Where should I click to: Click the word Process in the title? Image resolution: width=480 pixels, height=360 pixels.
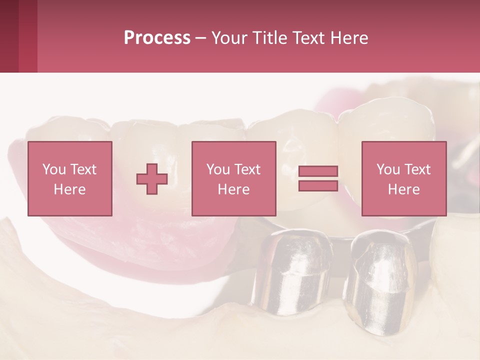pyautogui.click(x=157, y=38)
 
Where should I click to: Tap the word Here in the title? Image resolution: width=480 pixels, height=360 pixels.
pyautogui.click(x=348, y=38)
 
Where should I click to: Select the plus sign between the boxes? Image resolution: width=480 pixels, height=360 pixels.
pyautogui.click(x=152, y=179)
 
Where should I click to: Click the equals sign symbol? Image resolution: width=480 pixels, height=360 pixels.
pyautogui.click(x=318, y=178)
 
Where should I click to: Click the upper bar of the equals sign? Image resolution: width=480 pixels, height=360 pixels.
pyautogui.click(x=318, y=171)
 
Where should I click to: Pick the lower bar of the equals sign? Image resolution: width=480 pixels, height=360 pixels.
pyautogui.click(x=318, y=185)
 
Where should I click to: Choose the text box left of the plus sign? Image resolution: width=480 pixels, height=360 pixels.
pyautogui.click(x=69, y=178)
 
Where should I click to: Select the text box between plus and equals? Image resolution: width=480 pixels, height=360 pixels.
pyautogui.click(x=233, y=178)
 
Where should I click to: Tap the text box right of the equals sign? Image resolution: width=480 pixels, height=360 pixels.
pyautogui.click(x=403, y=178)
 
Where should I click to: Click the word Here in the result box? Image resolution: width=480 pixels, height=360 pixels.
pyautogui.click(x=403, y=189)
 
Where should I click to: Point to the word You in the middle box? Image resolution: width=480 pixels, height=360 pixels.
pyautogui.click(x=217, y=169)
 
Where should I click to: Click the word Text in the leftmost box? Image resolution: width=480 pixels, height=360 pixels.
pyautogui.click(x=83, y=169)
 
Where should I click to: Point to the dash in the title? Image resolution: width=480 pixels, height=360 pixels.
pyautogui.click(x=200, y=38)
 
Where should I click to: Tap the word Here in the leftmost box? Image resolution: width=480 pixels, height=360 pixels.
pyautogui.click(x=69, y=189)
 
